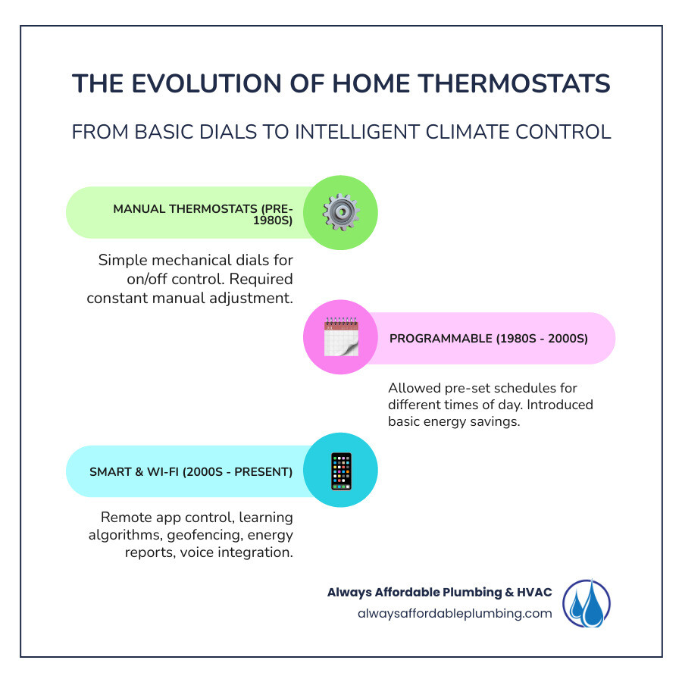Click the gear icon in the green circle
pos(340,212)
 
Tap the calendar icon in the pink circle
pos(340,337)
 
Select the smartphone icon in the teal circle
pos(340,471)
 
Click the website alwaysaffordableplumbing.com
pos(455,614)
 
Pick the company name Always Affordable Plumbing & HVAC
pos(440,593)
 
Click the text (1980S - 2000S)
pos(542,338)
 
